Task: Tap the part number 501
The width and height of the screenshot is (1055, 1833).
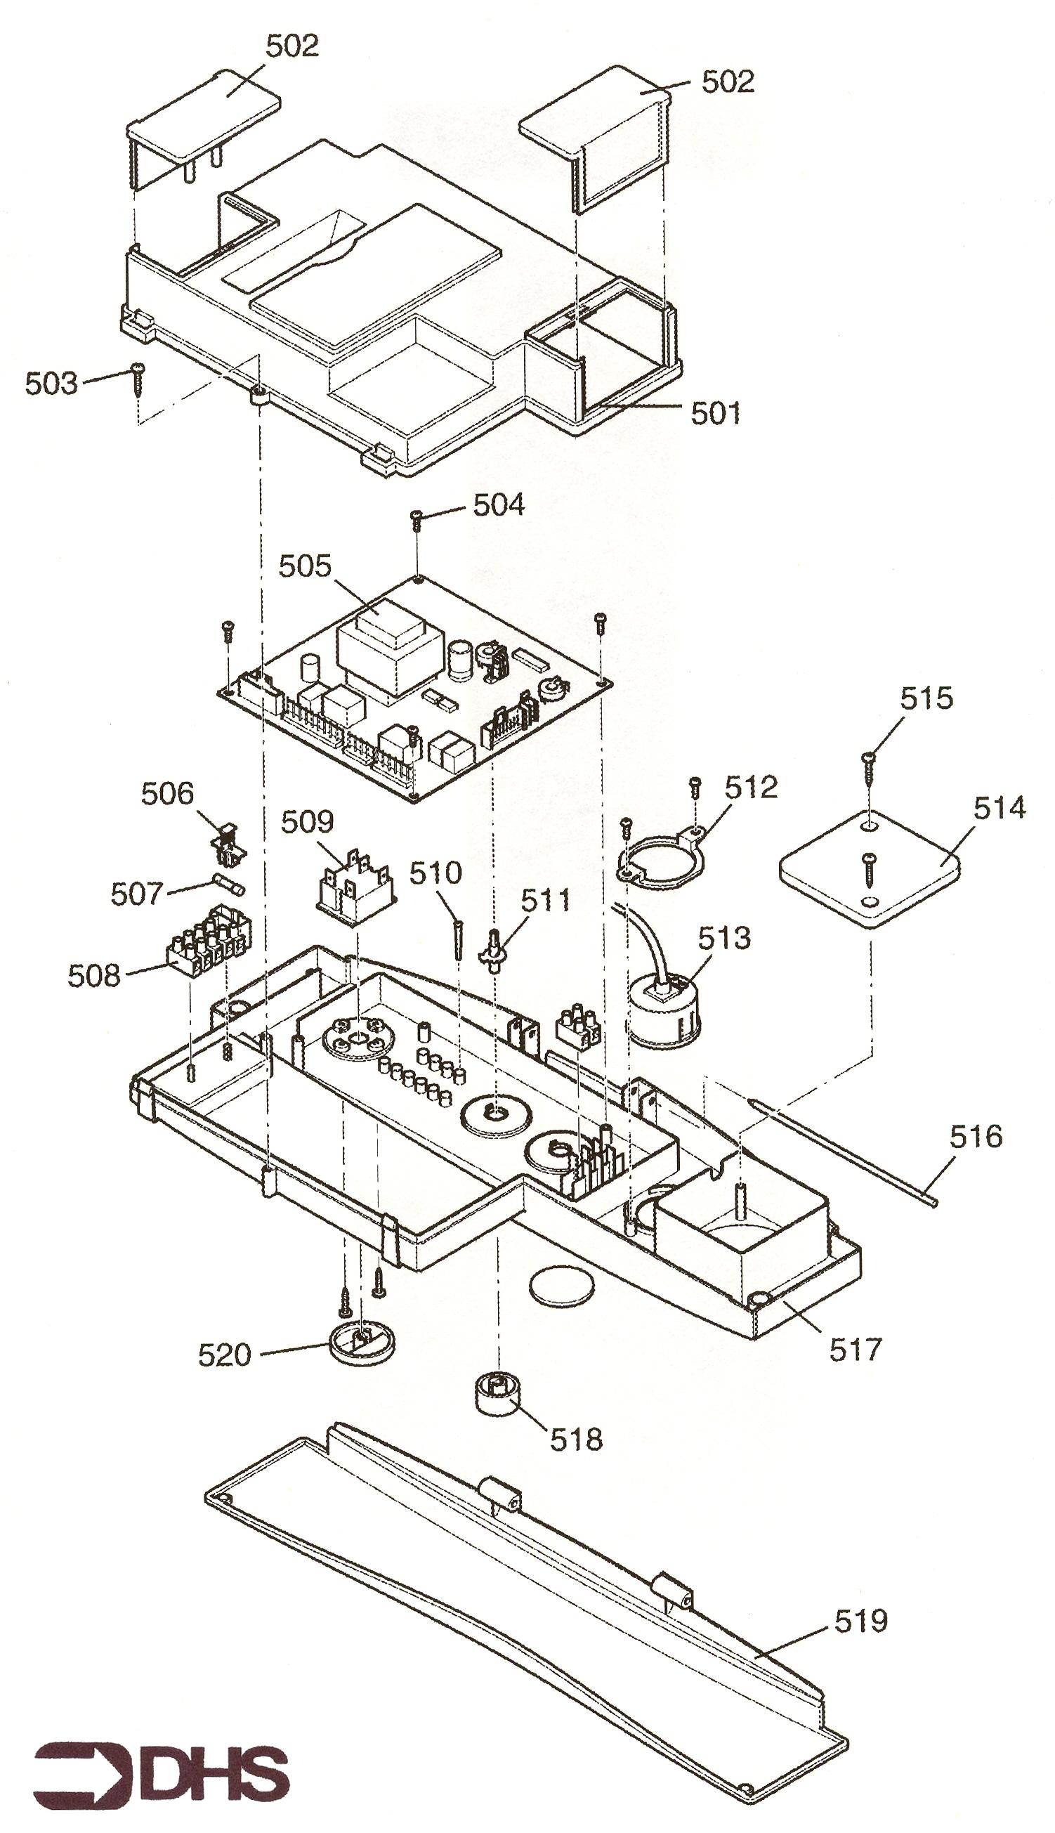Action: [x=716, y=413]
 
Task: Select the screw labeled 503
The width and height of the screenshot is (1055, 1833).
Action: [x=138, y=379]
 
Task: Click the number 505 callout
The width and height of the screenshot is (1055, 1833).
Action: [x=305, y=566]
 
